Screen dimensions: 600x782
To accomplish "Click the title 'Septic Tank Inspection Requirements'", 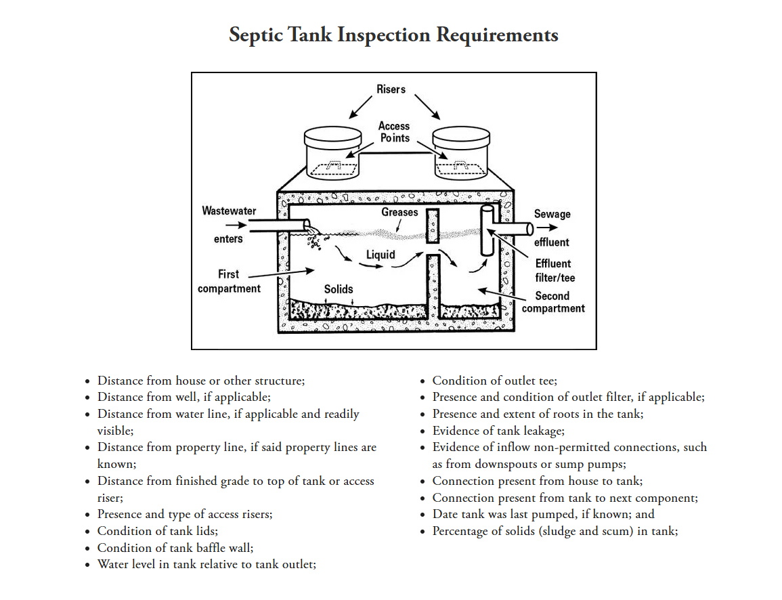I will click(393, 35).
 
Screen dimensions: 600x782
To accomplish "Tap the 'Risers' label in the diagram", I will click(391, 89).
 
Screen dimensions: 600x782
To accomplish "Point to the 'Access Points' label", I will click(394, 131).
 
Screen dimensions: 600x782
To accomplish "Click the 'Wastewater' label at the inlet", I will click(229, 211).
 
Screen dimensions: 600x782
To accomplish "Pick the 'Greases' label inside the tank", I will click(399, 212).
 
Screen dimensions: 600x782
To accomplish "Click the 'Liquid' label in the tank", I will click(381, 255).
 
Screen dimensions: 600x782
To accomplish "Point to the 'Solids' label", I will click(339, 289).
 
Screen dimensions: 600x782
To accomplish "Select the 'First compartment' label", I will click(229, 282).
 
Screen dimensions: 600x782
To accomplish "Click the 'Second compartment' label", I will click(553, 302).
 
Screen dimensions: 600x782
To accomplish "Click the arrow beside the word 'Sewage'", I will click(547, 228).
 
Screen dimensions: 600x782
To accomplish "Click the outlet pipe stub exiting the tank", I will click(516, 228).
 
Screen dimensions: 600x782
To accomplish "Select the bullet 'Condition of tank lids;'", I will click(158, 531).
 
